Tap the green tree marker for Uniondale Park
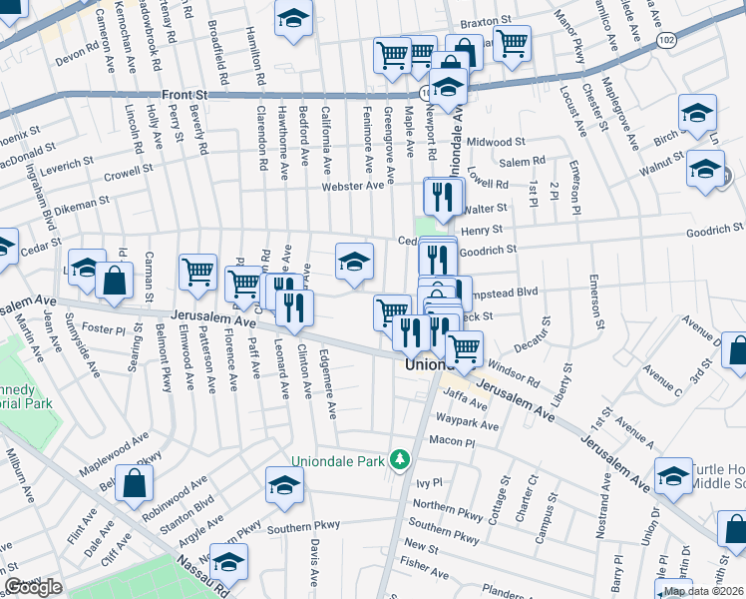400,459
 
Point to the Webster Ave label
352,186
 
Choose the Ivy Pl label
429,483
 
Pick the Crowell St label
128,172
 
